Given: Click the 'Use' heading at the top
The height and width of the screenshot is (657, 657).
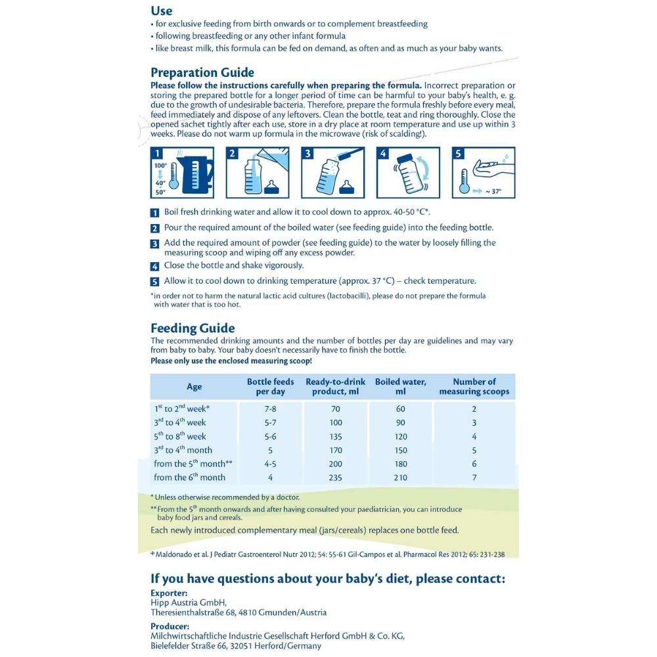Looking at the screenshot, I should pyautogui.click(x=162, y=11).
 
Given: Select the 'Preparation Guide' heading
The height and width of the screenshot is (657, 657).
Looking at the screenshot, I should pyautogui.click(x=202, y=73).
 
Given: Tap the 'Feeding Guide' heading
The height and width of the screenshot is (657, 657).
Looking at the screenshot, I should pyautogui.click(x=193, y=328).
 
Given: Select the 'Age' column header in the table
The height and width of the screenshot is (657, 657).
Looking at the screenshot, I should pyautogui.click(x=194, y=386).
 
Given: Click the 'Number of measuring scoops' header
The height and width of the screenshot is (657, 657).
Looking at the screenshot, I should pyautogui.click(x=474, y=386).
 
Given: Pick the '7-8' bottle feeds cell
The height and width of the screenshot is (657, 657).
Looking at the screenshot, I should pyautogui.click(x=270, y=409).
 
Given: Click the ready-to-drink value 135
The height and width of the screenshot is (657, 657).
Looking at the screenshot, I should pyautogui.click(x=335, y=436).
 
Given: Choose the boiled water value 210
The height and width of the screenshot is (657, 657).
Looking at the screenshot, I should pyautogui.click(x=400, y=478).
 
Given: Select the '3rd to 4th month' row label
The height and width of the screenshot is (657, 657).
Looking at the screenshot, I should pyautogui.click(x=183, y=450).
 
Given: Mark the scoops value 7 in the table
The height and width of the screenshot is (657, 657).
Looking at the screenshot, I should pyautogui.click(x=474, y=478).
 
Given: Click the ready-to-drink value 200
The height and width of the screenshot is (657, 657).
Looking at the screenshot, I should pyautogui.click(x=335, y=464).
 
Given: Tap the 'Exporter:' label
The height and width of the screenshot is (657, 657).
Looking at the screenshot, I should pyautogui.click(x=170, y=593).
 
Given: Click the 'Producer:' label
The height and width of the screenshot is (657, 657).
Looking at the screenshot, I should pyautogui.click(x=170, y=626).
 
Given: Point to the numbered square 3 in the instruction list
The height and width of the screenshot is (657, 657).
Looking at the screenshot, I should pyautogui.click(x=155, y=243).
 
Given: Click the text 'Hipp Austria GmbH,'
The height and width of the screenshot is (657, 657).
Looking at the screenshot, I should pyautogui.click(x=189, y=602).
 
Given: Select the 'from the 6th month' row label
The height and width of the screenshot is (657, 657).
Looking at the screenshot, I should pyautogui.click(x=189, y=478).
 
